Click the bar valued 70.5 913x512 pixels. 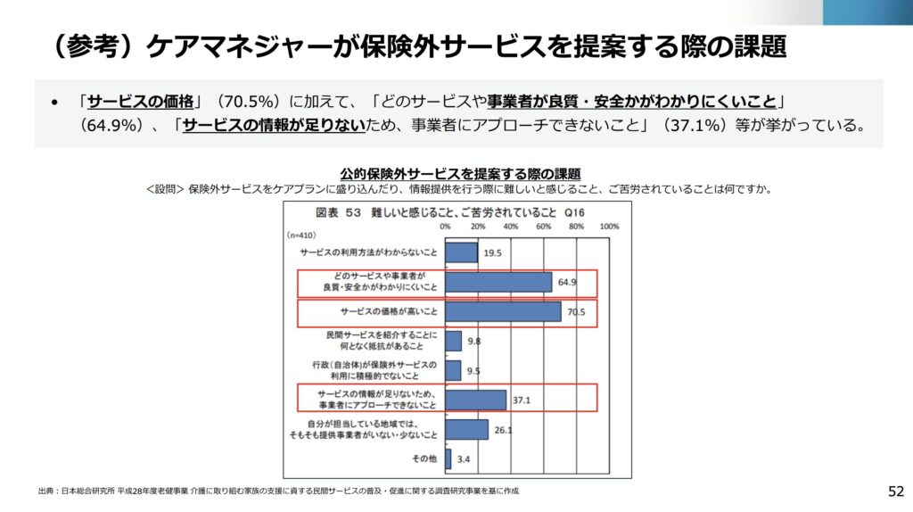coord(503,311)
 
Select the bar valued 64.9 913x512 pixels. coord(498,282)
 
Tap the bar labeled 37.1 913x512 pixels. coord(475,400)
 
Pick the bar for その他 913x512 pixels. coord(448,458)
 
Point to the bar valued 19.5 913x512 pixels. coord(461,253)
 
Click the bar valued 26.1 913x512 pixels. coord(466,429)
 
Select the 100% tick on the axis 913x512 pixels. coord(609,227)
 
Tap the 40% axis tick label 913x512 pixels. coord(511,227)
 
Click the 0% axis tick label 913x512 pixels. coord(445,227)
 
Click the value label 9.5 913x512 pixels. coord(473,371)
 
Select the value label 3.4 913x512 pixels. coord(464,459)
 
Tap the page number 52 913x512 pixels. coord(895,491)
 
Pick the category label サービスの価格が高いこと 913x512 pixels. coord(389,312)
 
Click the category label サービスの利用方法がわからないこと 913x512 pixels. coord(369,253)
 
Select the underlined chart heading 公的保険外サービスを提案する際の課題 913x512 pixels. coord(460,173)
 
